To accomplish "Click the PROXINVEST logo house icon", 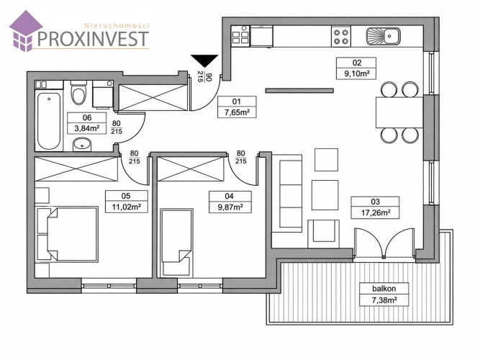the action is coord(25,31).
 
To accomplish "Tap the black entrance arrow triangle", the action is coord(204,60).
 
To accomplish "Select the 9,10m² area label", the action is coord(356,74).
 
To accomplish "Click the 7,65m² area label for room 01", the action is coord(236,112).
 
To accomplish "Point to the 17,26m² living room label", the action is coord(375,212).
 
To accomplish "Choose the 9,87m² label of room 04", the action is coord(230,207).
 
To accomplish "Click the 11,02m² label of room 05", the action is coord(126,207).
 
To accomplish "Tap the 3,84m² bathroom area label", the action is coord(87,128).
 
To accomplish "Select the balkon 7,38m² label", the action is coord(384,294).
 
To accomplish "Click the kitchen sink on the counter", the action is coord(383,36).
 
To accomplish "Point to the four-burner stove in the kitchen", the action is coord(341,37).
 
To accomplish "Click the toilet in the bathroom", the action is coord(78,92).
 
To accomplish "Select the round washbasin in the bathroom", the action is coord(82,144).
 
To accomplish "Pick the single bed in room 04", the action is coord(176,243).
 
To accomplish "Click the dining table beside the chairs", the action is coord(399,112).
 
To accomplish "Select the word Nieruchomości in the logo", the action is coord(117,26).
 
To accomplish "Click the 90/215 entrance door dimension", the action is coord(204,76).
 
